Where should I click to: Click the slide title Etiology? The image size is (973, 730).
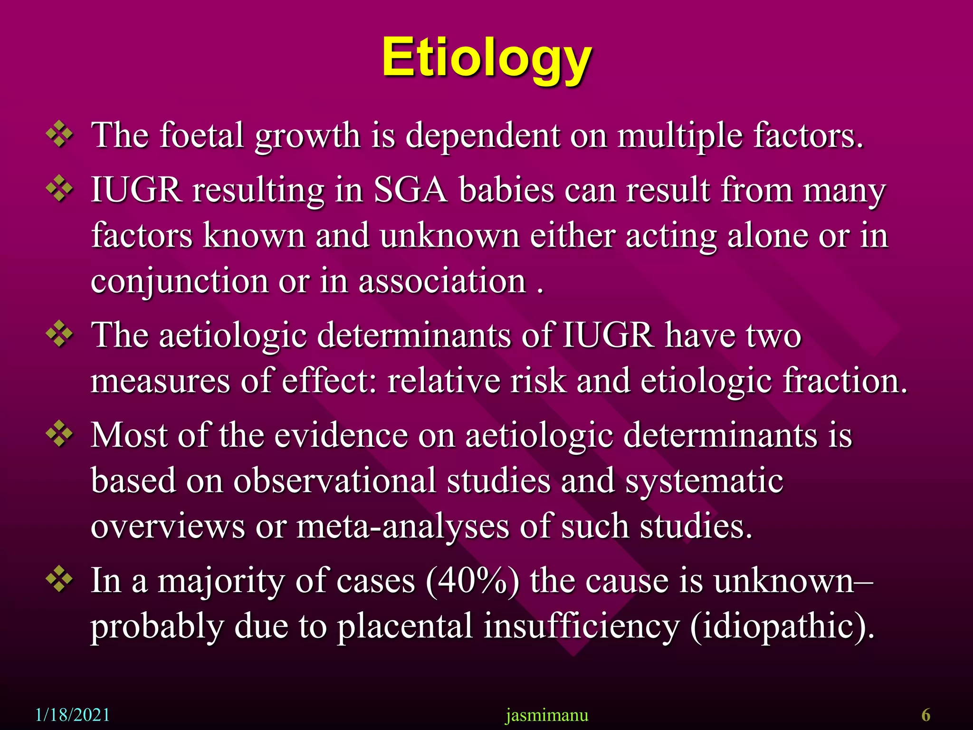(486, 58)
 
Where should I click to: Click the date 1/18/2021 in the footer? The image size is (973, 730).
(73, 715)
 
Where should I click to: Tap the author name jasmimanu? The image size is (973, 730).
(547, 715)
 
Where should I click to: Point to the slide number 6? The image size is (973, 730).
(925, 715)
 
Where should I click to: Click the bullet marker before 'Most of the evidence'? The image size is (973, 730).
(59, 434)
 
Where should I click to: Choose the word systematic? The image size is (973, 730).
(704, 480)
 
